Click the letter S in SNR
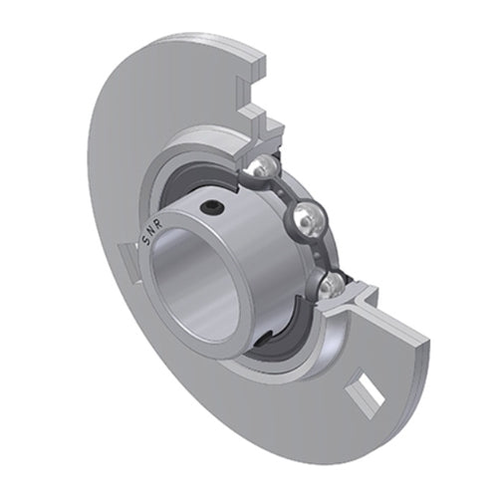click(147, 240)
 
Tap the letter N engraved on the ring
click(152, 231)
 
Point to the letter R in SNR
click(158, 224)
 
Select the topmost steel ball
click(263, 166)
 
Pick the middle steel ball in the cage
click(306, 217)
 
